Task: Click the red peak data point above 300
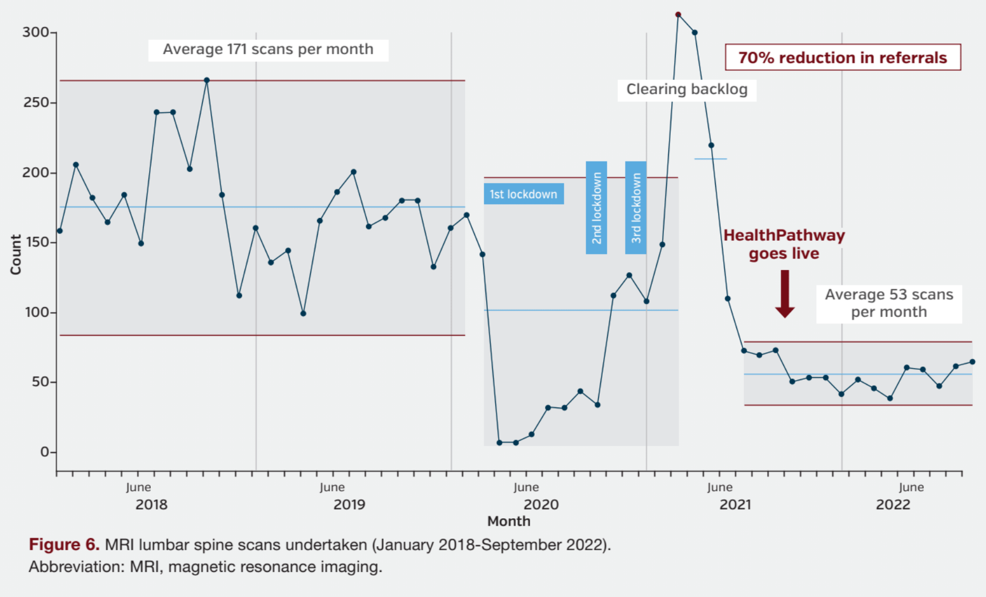(678, 15)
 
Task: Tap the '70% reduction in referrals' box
(843, 58)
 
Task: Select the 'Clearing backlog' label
(687, 90)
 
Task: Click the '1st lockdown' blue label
(523, 194)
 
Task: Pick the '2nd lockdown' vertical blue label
(596, 208)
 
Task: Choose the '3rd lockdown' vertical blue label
(636, 208)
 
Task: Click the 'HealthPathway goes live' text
(784, 244)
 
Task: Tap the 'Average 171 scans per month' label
(268, 50)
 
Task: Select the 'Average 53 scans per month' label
(889, 303)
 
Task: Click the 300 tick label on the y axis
(35, 33)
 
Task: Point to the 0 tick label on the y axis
(45, 452)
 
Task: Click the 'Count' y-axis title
(15, 255)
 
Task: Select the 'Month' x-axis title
(508, 521)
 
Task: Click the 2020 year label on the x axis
(541, 505)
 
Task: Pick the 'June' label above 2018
(138, 487)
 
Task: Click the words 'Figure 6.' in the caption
(64, 544)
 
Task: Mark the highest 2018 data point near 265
(207, 80)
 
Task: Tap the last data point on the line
(972, 362)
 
